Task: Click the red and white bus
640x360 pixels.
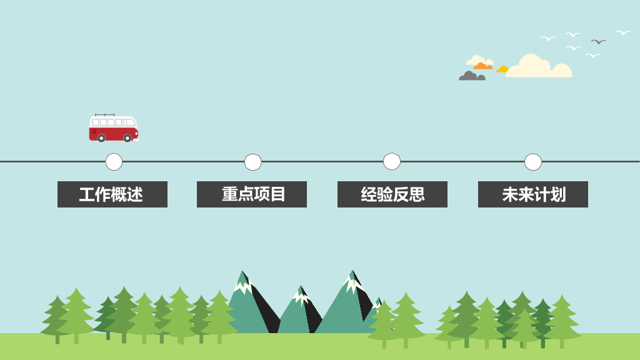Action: (114, 128)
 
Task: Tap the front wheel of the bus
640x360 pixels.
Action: (127, 138)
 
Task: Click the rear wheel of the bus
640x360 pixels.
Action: (101, 138)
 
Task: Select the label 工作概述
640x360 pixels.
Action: (112, 194)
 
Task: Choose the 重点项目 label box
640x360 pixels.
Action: (252, 194)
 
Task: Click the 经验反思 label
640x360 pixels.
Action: (392, 194)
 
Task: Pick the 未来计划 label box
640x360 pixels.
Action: (533, 194)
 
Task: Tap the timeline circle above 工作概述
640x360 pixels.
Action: (114, 162)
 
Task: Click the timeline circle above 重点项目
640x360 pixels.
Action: (252, 162)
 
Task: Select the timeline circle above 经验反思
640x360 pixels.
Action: (392, 161)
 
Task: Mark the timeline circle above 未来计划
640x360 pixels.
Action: (533, 162)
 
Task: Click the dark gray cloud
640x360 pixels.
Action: (472, 76)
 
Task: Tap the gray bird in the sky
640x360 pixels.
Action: (598, 42)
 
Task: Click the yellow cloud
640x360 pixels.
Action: (502, 69)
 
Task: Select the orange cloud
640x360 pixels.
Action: (483, 66)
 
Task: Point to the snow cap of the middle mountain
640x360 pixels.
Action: (301, 296)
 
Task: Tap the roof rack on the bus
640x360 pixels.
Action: (104, 115)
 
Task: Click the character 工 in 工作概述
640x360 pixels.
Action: (87, 195)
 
